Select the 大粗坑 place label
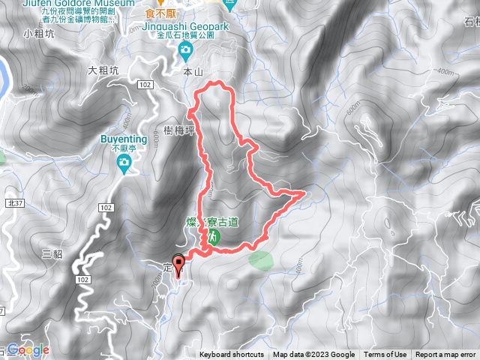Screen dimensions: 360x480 point(103,71)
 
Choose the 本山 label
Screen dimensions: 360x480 point(193,71)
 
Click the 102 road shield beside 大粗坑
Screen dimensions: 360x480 point(145,85)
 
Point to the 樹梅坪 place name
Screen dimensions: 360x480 point(179,130)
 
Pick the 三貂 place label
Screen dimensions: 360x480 point(52,253)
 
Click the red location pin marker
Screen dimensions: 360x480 point(178,265)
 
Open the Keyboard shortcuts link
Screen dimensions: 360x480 point(232,355)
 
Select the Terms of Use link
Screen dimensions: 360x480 point(385,355)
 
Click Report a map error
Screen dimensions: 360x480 point(446,355)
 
